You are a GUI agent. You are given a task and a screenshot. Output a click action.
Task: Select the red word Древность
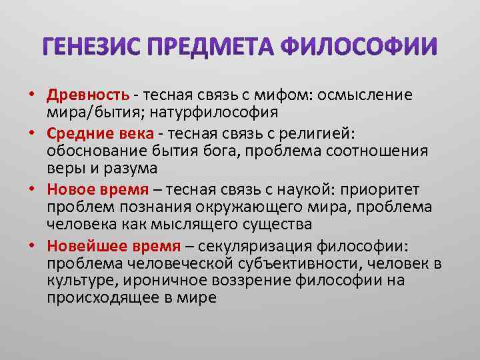click(x=82, y=95)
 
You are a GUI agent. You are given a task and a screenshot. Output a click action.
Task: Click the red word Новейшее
click(x=81, y=247)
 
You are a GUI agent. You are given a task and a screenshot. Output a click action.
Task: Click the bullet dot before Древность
click(x=31, y=95)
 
